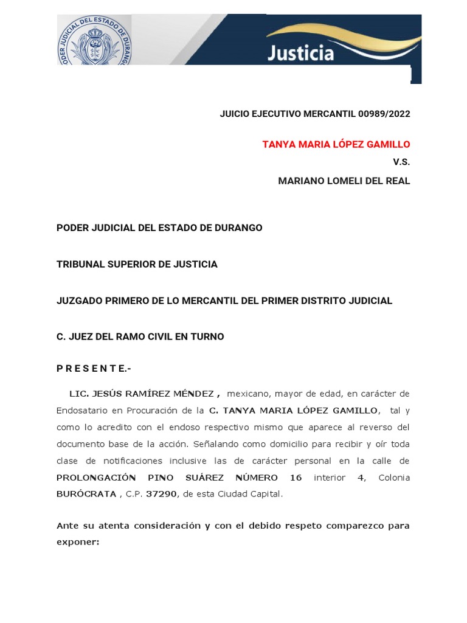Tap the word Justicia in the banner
click(x=301, y=54)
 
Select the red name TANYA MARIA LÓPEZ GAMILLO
click(x=336, y=144)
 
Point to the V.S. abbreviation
click(x=401, y=162)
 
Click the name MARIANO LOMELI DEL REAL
click(x=344, y=181)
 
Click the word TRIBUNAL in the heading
click(x=81, y=264)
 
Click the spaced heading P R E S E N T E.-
click(x=94, y=369)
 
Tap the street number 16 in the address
click(x=296, y=478)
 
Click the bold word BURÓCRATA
click(x=86, y=494)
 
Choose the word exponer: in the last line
click(x=78, y=541)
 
